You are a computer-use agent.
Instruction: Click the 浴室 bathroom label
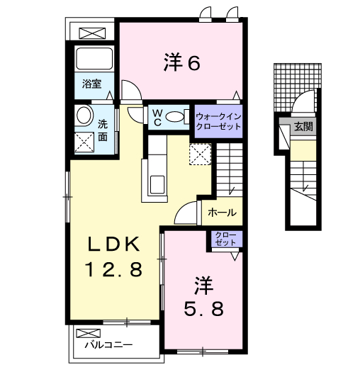[91, 84]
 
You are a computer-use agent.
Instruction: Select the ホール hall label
[222, 212]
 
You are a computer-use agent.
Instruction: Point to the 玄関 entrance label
[304, 128]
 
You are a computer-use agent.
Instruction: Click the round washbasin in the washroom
[84, 115]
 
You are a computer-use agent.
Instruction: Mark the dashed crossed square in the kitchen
[201, 154]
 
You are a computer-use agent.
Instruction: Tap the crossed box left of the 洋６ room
[91, 32]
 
